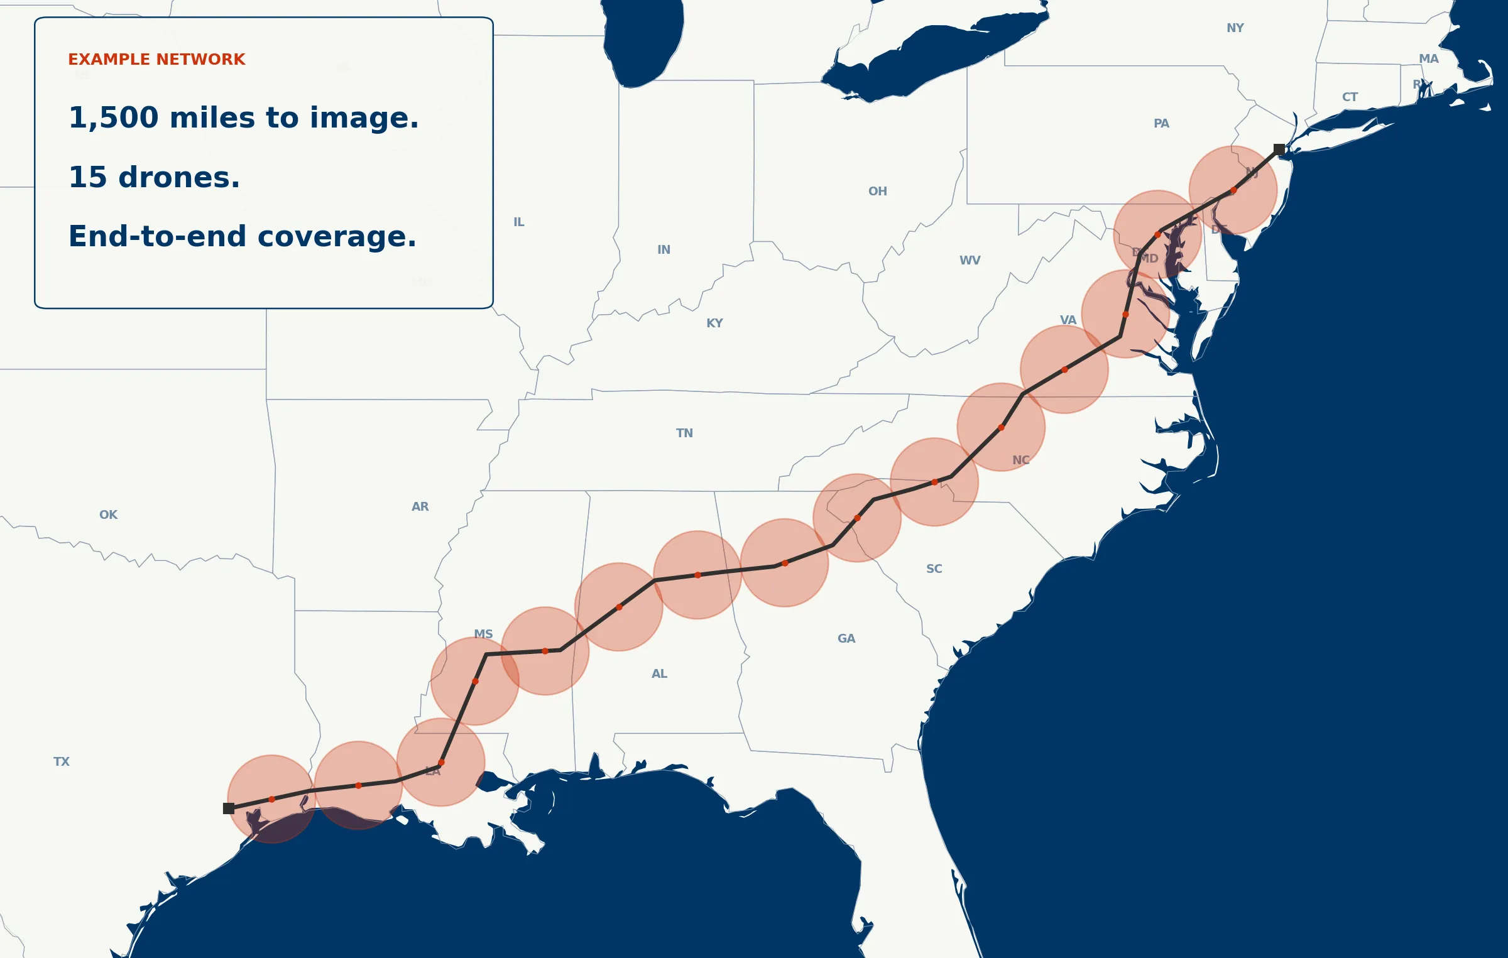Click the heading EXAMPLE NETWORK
(x=156, y=60)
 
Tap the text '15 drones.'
(x=154, y=178)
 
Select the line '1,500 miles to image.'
(x=243, y=118)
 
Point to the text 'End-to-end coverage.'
(x=242, y=237)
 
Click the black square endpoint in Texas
(x=229, y=808)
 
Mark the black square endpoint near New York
(x=1279, y=150)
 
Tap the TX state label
(x=62, y=762)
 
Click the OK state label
(x=108, y=515)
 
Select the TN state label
(x=684, y=433)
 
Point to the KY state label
(x=714, y=324)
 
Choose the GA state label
(x=846, y=639)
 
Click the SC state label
(x=934, y=569)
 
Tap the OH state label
(x=878, y=192)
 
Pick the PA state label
(x=1161, y=124)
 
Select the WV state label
(x=970, y=261)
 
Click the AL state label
(x=659, y=674)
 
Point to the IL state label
(x=518, y=222)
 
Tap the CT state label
(x=1350, y=97)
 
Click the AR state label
(x=420, y=507)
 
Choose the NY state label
(x=1235, y=28)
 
